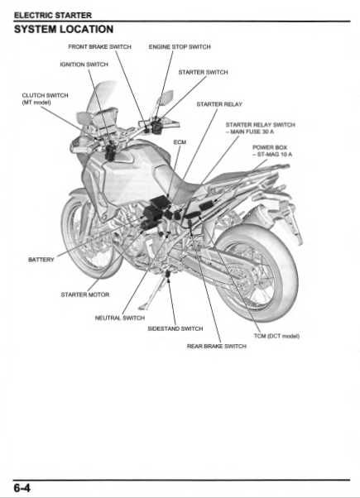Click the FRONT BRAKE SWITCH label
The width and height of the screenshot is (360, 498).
(99, 47)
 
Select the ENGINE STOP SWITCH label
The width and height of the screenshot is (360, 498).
(180, 47)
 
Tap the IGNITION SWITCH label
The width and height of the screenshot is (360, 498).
(84, 64)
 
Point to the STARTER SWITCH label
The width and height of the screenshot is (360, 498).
(203, 72)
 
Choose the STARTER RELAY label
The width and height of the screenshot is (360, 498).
(219, 104)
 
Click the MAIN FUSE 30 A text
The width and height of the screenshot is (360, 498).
(252, 132)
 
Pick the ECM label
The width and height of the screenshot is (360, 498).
(180, 141)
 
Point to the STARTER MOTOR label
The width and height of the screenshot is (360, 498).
(85, 294)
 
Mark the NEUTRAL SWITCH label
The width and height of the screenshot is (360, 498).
(120, 317)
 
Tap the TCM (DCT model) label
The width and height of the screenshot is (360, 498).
(276, 336)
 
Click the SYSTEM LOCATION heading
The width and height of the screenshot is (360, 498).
(64, 29)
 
